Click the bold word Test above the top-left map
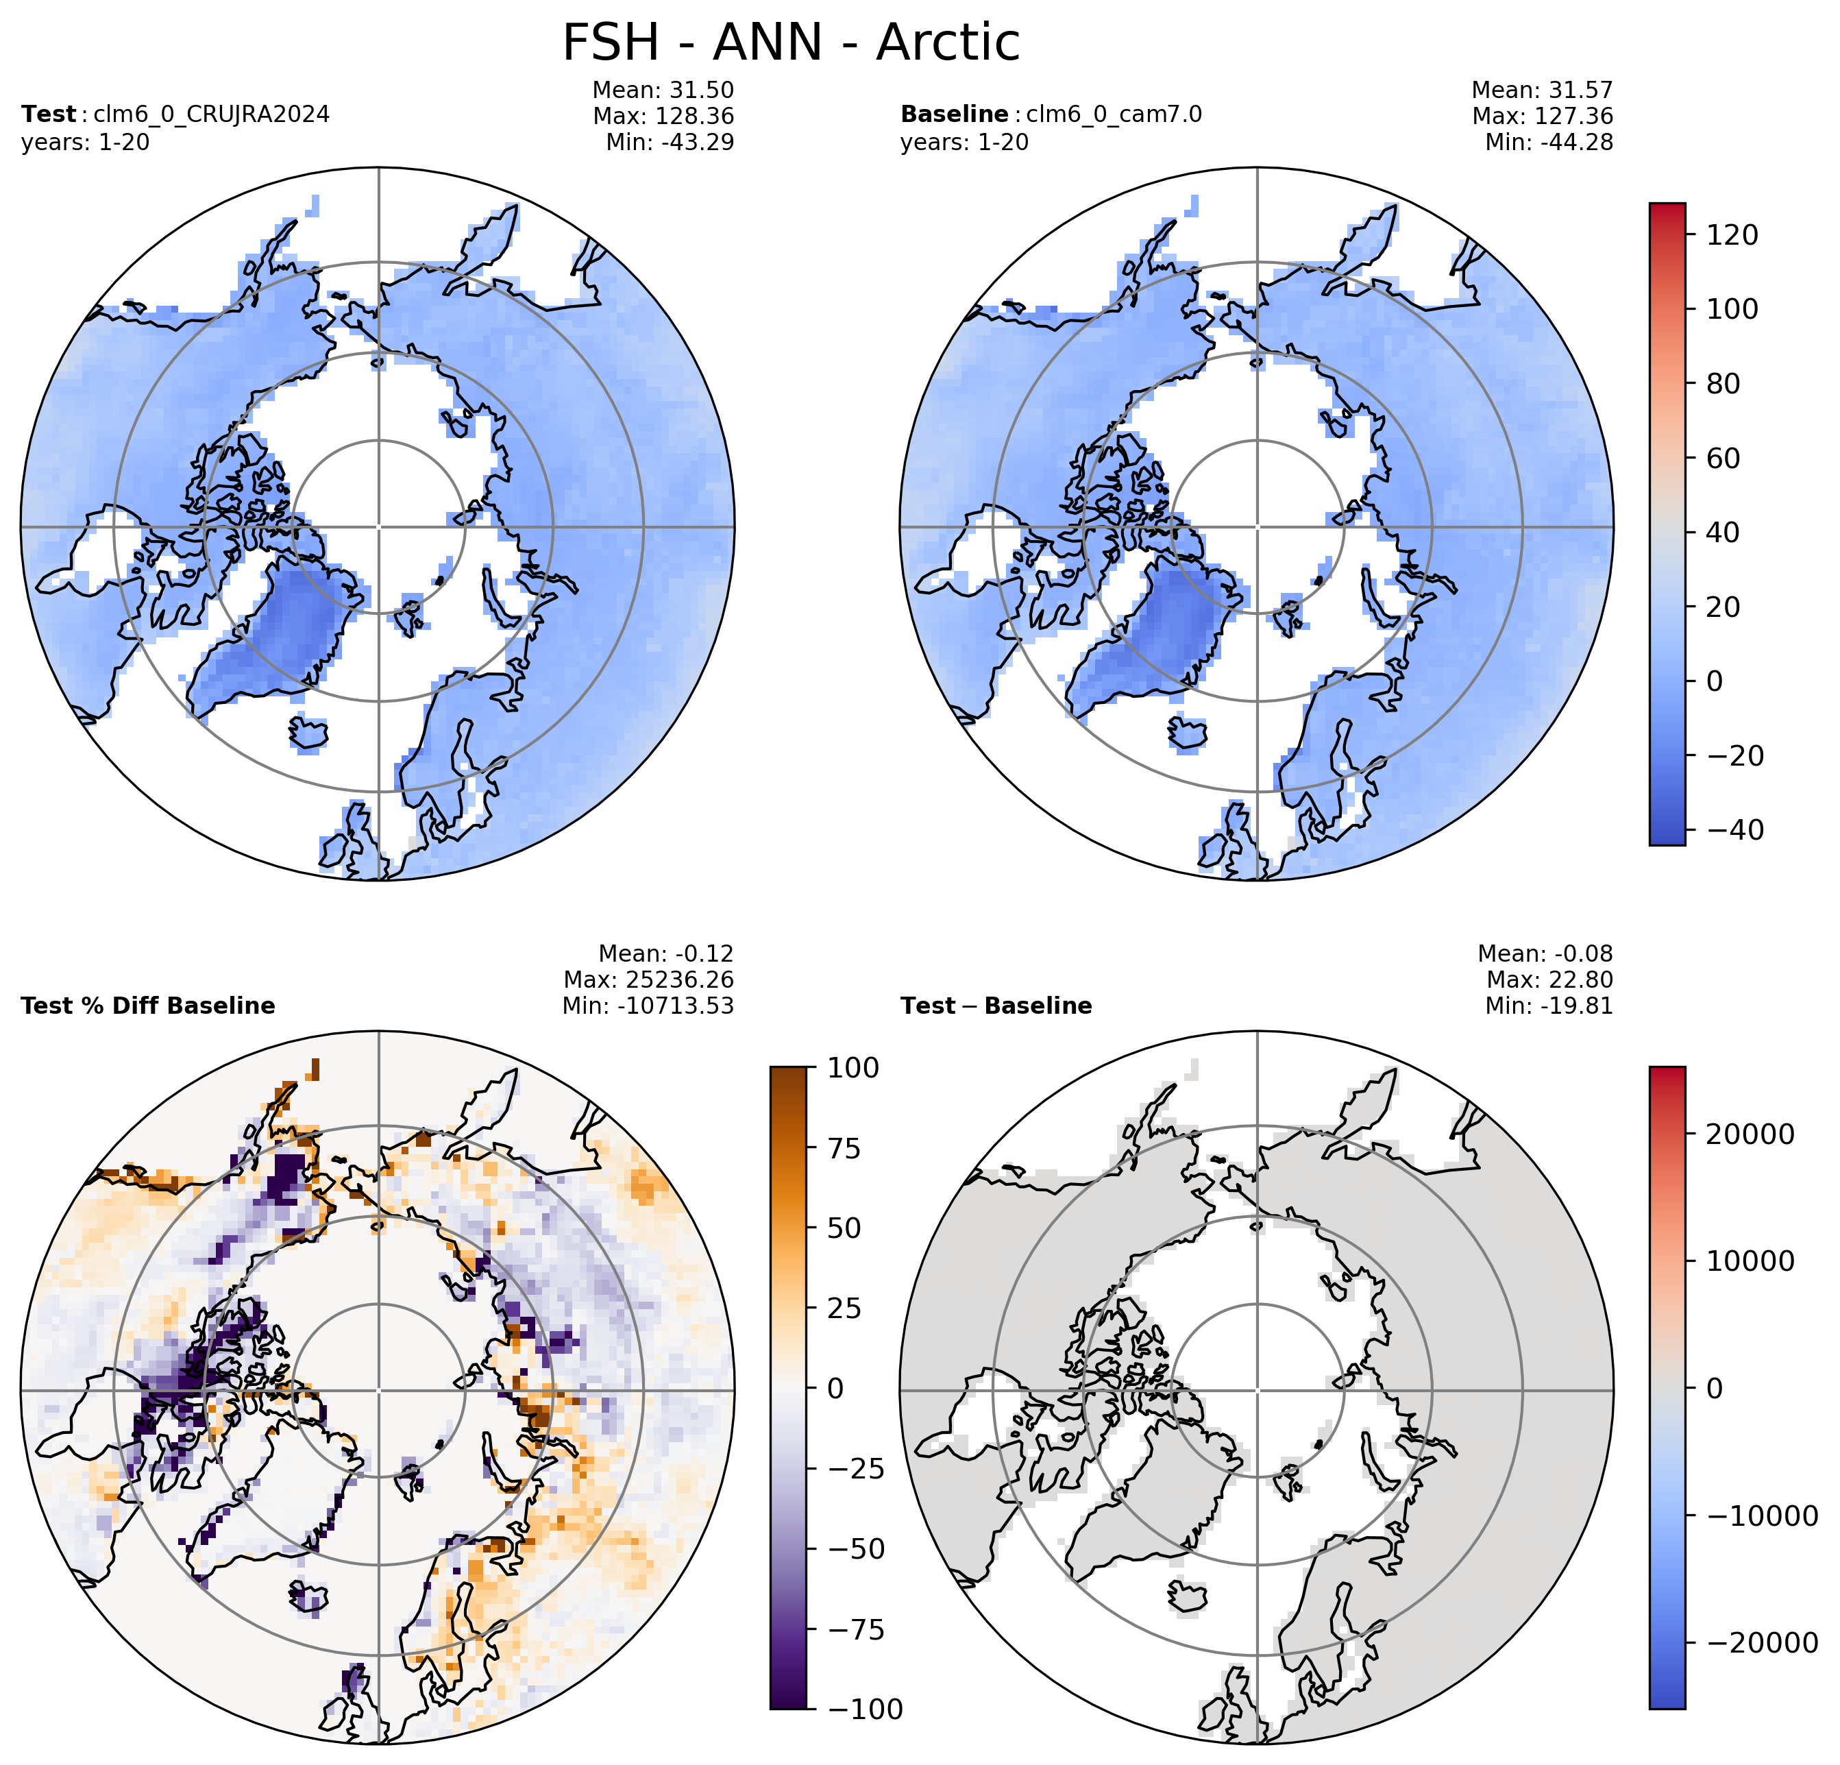48,114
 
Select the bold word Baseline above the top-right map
954,114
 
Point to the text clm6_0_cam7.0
1114,114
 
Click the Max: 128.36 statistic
664,117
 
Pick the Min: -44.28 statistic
1549,143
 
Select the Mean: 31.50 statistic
664,90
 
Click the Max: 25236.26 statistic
649,980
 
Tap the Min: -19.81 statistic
1549,1006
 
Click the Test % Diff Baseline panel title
148,1006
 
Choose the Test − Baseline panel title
996,1006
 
